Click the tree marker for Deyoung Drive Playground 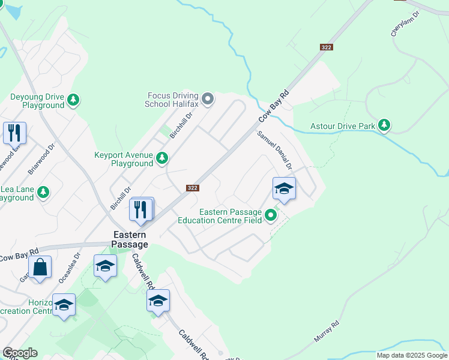pyautogui.click(x=73, y=100)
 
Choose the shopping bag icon pyautogui.click(x=40, y=268)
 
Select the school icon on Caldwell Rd pyautogui.click(x=158, y=302)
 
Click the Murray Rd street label pyautogui.click(x=327, y=332)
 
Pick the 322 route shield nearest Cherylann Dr pyautogui.click(x=326, y=47)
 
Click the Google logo pyautogui.click(x=20, y=353)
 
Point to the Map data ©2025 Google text pyautogui.click(x=412, y=355)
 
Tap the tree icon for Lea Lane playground pyautogui.click(x=43, y=192)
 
